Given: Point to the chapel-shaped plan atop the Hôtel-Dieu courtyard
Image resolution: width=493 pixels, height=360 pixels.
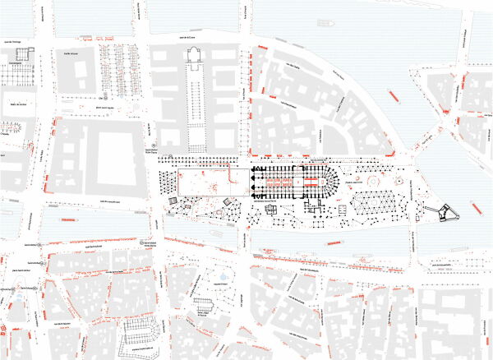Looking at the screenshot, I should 196,55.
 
